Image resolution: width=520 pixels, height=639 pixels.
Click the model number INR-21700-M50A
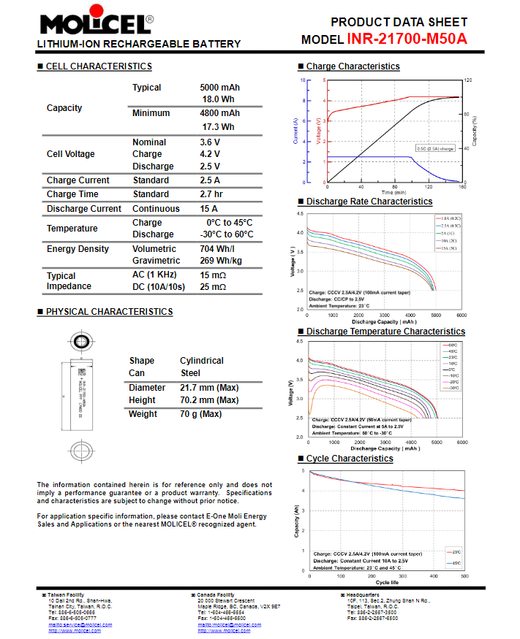point(407,39)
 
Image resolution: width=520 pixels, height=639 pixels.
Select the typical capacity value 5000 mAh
point(219,88)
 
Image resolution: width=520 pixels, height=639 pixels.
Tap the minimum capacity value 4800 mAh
point(219,113)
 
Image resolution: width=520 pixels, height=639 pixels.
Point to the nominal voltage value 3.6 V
point(210,142)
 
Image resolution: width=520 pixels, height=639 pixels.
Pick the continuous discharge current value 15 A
point(210,209)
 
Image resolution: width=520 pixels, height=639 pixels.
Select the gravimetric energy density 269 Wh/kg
point(221,261)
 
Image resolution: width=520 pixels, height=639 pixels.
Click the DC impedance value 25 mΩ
point(213,288)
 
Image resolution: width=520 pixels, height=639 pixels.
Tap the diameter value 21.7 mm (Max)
point(209,387)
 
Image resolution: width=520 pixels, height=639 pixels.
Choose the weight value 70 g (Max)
point(200,414)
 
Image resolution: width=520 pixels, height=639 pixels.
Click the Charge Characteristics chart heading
point(353,66)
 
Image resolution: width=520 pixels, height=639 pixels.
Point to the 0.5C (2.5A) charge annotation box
point(434,148)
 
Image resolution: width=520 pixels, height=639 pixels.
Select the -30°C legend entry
point(453,388)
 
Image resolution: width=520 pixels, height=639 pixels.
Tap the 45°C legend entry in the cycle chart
point(456,564)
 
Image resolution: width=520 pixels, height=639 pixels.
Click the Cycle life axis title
point(387,582)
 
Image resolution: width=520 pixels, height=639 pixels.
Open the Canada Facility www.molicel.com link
point(224,631)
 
